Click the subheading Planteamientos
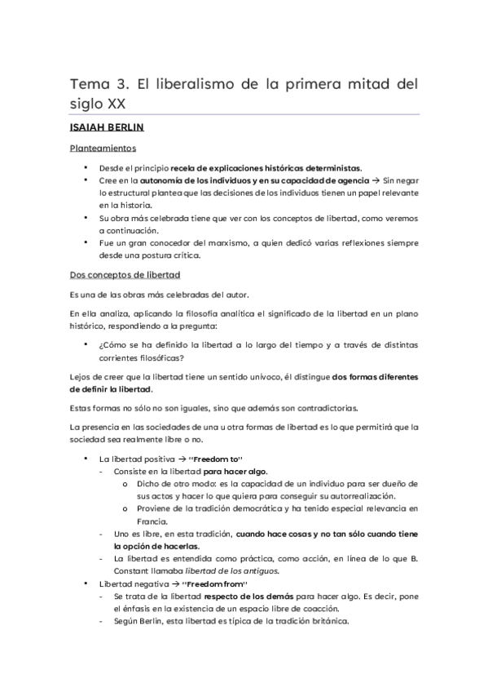[103, 150]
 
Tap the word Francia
[151, 522]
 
